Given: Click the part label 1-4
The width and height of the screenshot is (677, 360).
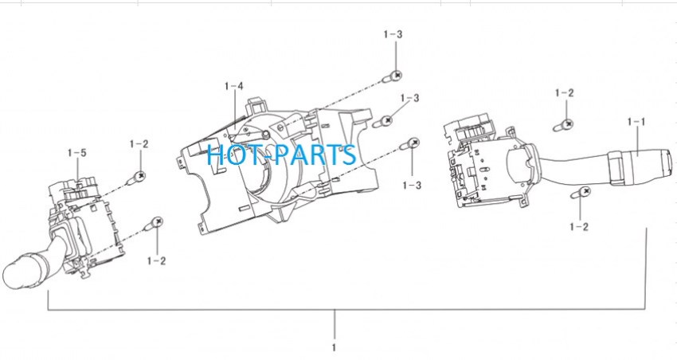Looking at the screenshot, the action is pyautogui.click(x=233, y=86).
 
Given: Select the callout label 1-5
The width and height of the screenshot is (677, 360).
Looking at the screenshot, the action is pyautogui.click(x=76, y=153).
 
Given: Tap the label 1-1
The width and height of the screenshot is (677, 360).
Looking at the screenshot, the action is pyautogui.click(x=636, y=122).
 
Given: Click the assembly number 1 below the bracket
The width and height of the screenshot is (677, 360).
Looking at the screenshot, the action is pyautogui.click(x=334, y=347).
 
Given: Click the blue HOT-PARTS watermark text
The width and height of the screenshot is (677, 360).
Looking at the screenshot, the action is pyautogui.click(x=281, y=155).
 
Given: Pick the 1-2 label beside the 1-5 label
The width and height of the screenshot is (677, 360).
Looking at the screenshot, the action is pyautogui.click(x=139, y=144).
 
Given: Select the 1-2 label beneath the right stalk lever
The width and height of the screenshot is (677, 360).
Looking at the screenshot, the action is pyautogui.click(x=579, y=227).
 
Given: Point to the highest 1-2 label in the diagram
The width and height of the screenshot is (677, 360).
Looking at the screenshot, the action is pyautogui.click(x=565, y=93).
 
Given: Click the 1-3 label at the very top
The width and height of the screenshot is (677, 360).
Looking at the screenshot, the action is pyautogui.click(x=393, y=34).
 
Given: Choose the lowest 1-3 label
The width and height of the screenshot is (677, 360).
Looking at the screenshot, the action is pyautogui.click(x=412, y=186).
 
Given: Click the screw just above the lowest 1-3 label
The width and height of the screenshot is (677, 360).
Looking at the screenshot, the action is pyautogui.click(x=410, y=143).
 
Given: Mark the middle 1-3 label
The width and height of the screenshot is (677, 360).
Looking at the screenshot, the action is pyautogui.click(x=409, y=99).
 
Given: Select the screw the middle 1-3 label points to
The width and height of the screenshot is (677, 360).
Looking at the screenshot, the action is pyautogui.click(x=382, y=121).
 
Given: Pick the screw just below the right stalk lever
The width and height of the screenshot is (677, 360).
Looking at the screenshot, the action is pyautogui.click(x=581, y=193).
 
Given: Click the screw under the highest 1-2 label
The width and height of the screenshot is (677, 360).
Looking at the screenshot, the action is pyautogui.click(x=564, y=126).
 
